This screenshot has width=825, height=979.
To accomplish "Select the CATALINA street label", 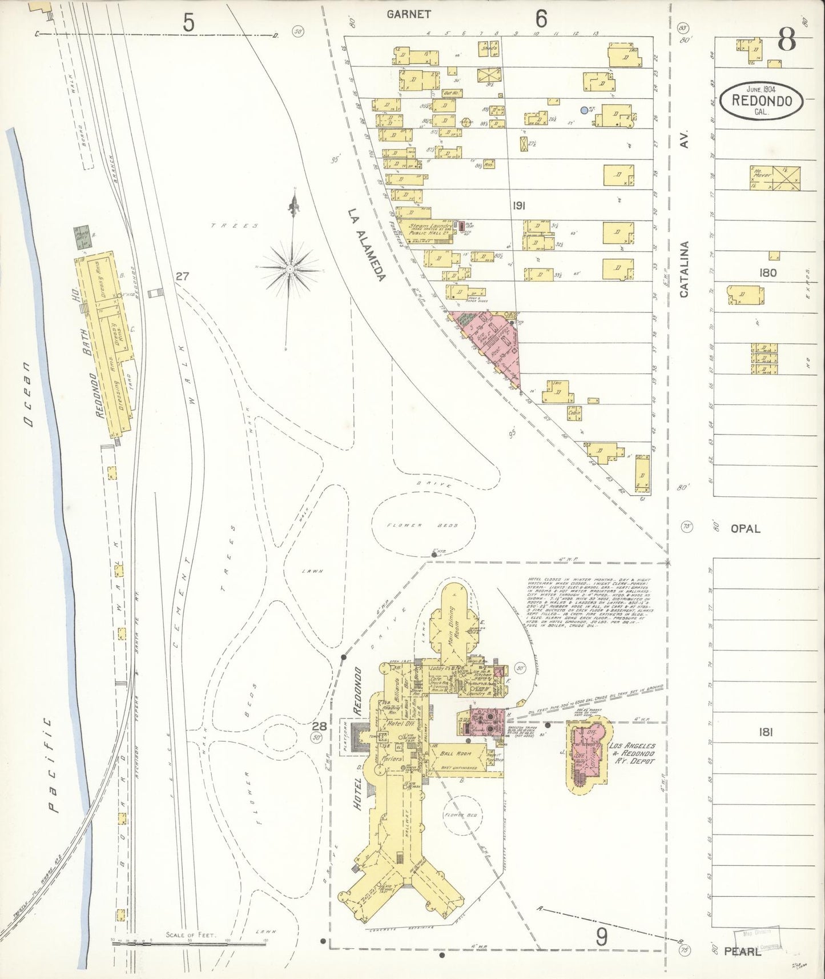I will tap(684, 268).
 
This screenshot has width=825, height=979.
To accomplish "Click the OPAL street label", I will tap(745, 529).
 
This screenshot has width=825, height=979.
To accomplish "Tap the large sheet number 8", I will tap(787, 41).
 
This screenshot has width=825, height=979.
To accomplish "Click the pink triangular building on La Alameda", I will tap(496, 343).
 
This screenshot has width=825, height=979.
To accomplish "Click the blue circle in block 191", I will tap(583, 110).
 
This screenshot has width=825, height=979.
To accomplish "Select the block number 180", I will tap(768, 273).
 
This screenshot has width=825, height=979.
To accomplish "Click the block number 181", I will tap(766, 732).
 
